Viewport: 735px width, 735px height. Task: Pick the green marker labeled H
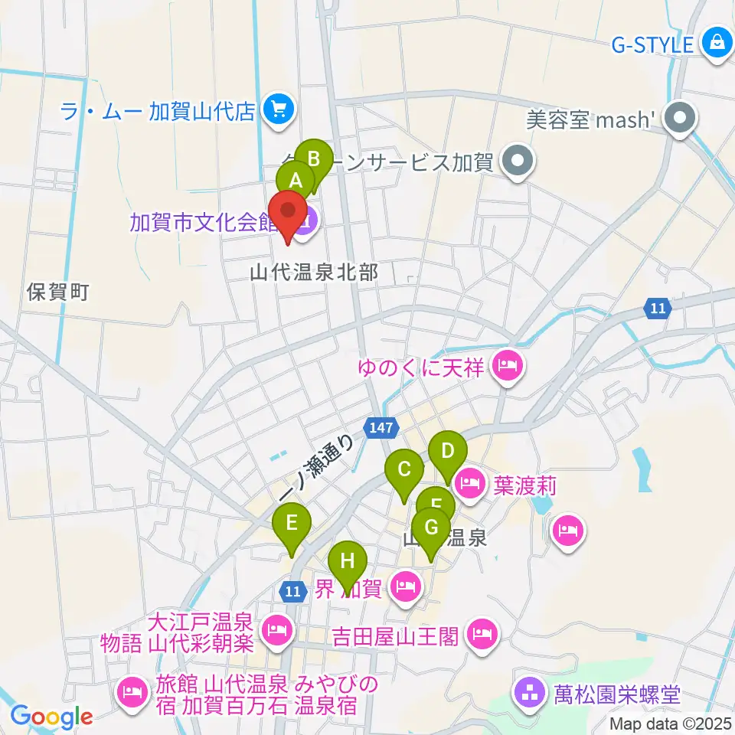[348, 563]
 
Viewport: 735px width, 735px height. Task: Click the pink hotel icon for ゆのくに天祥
[506, 368]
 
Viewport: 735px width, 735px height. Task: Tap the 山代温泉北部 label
[314, 272]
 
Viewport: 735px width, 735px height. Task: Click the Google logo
[51, 717]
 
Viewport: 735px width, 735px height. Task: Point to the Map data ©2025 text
[671, 722]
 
